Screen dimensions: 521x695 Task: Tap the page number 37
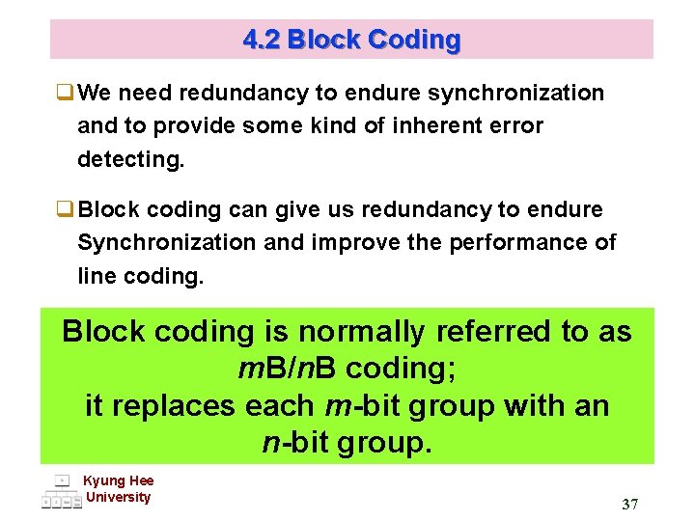[630, 505]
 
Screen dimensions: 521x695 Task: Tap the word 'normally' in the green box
[361, 332]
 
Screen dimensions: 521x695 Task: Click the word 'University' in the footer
[119, 498]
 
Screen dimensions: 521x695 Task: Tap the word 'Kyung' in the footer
[102, 481]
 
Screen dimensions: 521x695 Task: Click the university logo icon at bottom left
[61, 492]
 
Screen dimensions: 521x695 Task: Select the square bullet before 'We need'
[66, 94]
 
